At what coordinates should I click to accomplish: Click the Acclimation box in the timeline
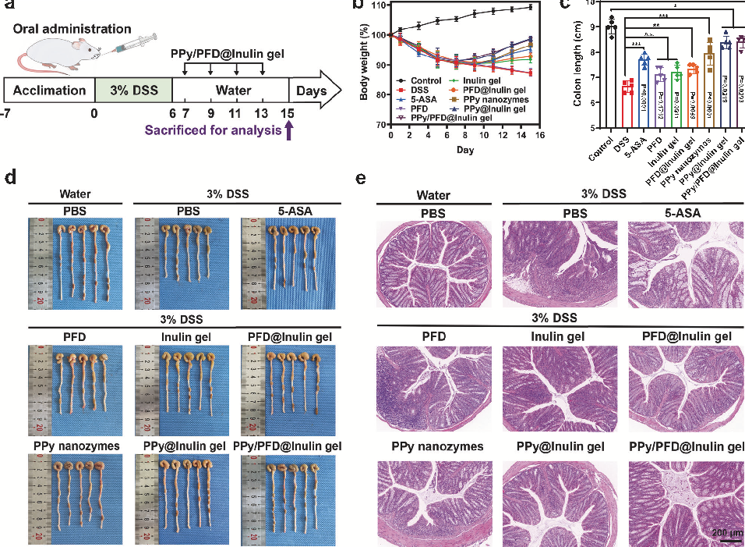pyautogui.click(x=48, y=91)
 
